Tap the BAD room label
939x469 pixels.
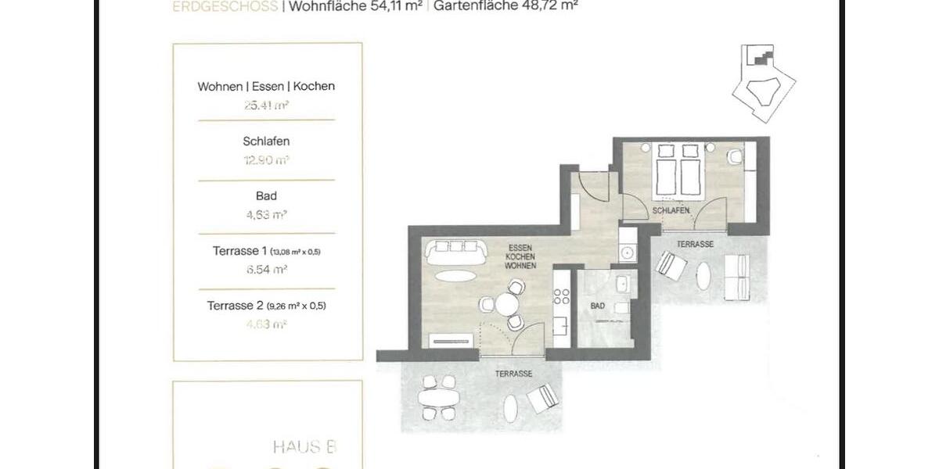tap(599, 306)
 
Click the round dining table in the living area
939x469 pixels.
tap(509, 303)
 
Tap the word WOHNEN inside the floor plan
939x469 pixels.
tap(520, 267)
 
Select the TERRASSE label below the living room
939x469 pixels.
tap(513, 374)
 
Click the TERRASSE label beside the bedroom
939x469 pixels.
tap(695, 245)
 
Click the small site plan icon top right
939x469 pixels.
tap(762, 82)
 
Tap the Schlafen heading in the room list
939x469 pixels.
tap(266, 141)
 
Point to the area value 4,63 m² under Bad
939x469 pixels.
tap(266, 213)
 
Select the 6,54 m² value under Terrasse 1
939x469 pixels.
tap(266, 269)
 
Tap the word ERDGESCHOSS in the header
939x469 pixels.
tap(225, 7)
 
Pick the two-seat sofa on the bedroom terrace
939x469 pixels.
tap(735, 277)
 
